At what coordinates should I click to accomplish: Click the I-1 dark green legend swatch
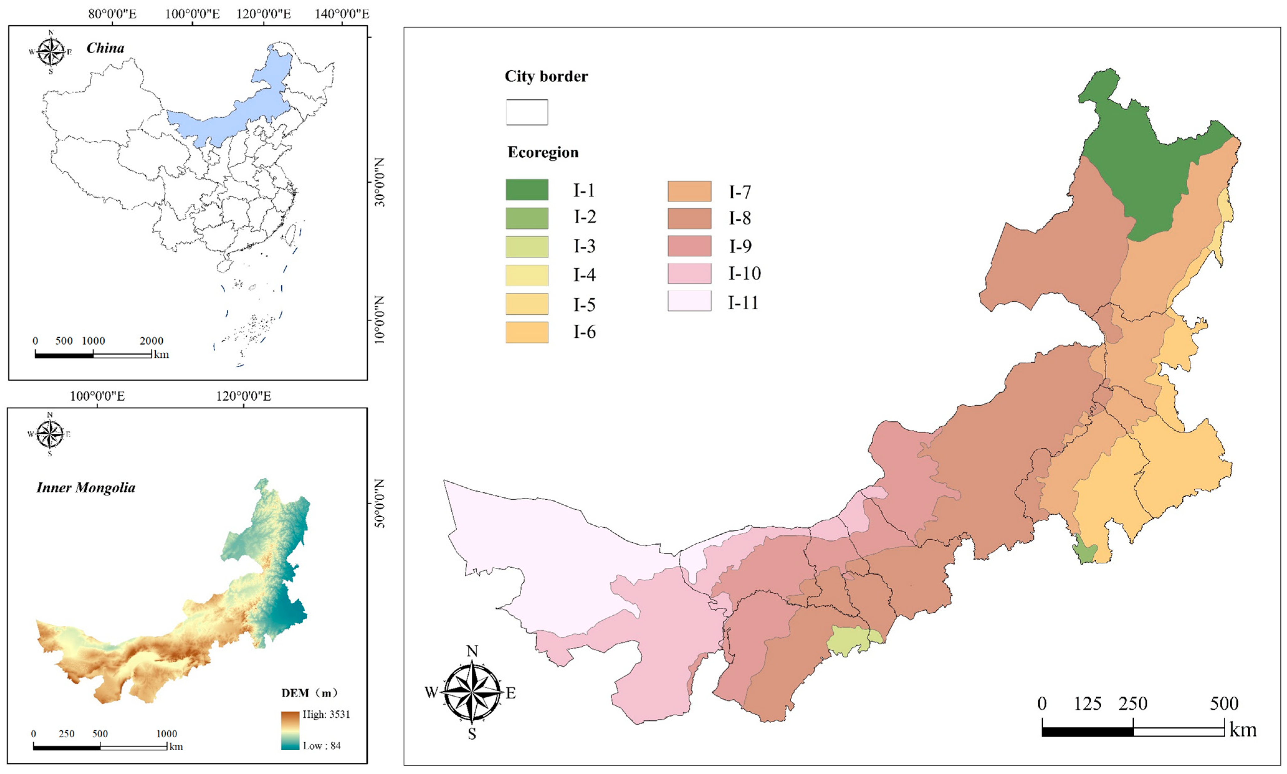pos(527,190)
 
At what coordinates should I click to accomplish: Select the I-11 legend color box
pos(689,301)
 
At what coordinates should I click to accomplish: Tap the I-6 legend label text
pos(584,332)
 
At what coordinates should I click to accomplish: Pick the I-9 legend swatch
pos(689,246)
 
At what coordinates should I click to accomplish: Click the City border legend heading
pos(546,77)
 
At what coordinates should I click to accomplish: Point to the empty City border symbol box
pos(527,112)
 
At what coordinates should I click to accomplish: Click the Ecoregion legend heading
pos(543,152)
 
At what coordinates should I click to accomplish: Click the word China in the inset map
pos(105,48)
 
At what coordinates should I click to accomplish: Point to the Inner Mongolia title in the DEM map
pos(86,488)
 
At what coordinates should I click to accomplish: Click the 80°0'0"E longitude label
pos(112,14)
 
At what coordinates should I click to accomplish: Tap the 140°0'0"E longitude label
pos(341,14)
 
